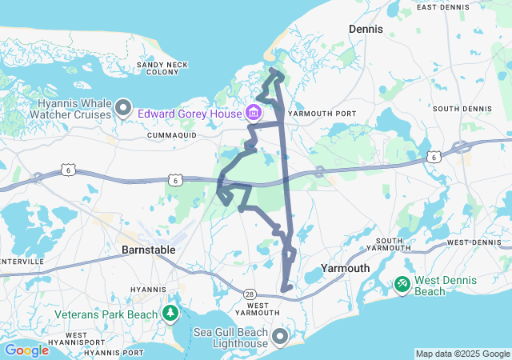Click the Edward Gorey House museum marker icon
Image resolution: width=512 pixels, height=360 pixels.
point(254,112)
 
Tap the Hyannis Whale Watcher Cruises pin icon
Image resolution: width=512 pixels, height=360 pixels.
point(124,106)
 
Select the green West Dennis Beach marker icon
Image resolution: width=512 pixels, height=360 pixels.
point(402,284)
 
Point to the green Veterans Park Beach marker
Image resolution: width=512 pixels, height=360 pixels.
point(170,313)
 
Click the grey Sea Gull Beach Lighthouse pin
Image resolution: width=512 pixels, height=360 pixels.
point(280,337)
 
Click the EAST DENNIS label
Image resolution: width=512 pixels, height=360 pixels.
point(447,7)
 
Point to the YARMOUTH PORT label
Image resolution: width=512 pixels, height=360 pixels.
point(322,114)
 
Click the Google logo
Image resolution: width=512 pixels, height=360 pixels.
point(26,350)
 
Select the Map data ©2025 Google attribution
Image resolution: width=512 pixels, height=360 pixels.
point(462,354)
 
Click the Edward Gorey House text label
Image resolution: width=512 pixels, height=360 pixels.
point(190,114)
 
